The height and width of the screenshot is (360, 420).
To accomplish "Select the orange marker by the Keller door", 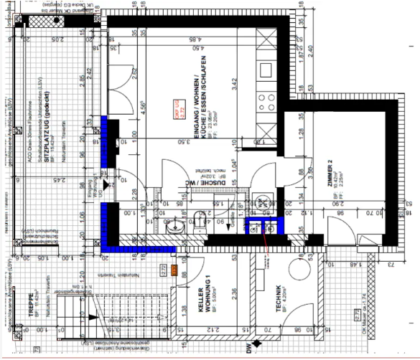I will coord(172,270).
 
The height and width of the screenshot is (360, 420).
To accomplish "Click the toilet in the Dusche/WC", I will coord(200,218).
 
